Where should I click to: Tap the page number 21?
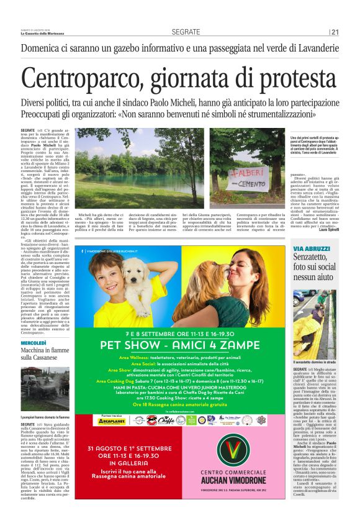pyautogui.click(x=335, y=32)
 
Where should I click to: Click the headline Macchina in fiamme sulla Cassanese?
pyautogui.click(x=47, y=355)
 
